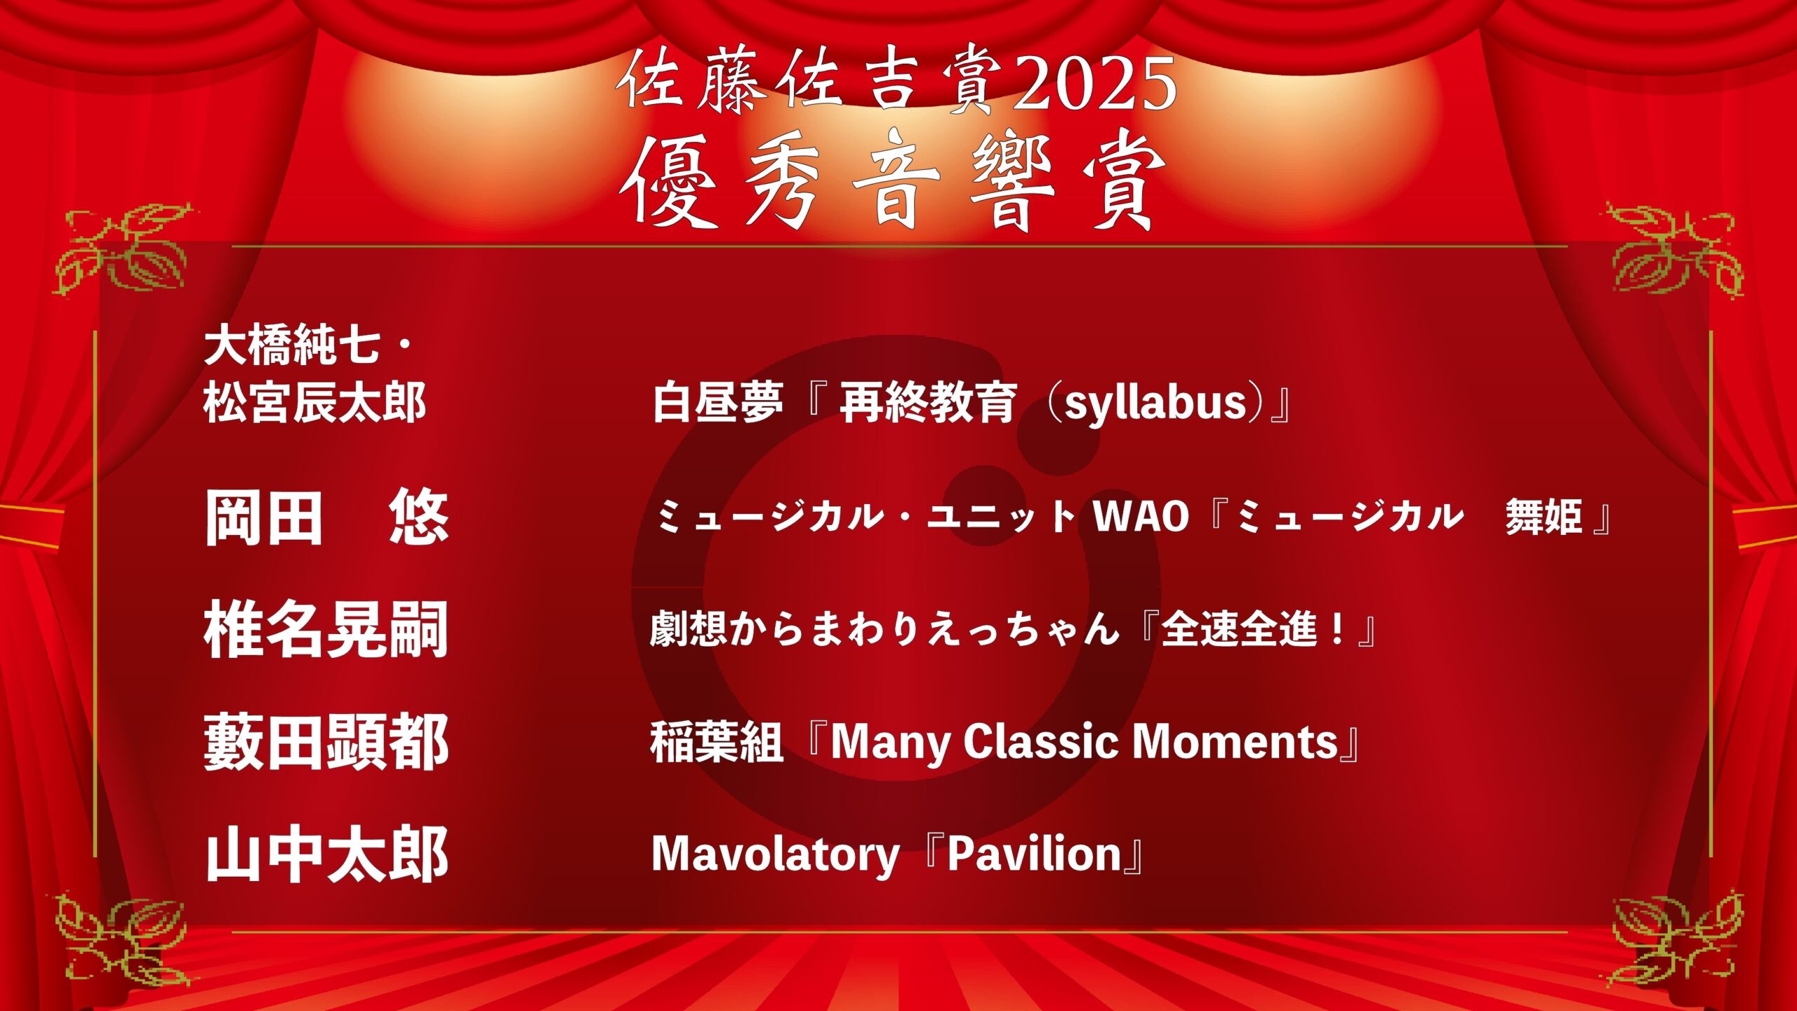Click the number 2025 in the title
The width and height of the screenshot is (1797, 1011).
(1095, 81)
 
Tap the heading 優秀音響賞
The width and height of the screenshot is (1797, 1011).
(892, 182)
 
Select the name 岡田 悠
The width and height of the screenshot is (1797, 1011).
(326, 517)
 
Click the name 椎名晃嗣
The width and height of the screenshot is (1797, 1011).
(326, 630)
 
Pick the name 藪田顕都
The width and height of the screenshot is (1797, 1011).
(326, 742)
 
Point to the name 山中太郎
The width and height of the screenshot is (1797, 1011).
(326, 854)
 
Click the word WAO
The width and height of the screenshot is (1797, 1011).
(1141, 517)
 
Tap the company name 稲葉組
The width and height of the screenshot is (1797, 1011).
(716, 742)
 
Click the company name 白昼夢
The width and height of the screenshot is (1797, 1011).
(717, 403)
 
